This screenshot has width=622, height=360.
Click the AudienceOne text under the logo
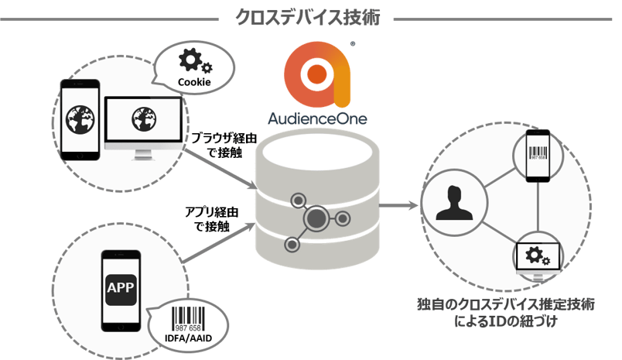coord(317,118)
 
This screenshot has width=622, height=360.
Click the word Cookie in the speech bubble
coord(193,81)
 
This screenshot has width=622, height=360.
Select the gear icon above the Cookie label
coord(190,61)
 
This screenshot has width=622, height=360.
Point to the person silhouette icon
coord(453,203)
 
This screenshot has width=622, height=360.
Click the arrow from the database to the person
coord(399,206)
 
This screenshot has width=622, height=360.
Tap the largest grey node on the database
coord(316,221)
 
